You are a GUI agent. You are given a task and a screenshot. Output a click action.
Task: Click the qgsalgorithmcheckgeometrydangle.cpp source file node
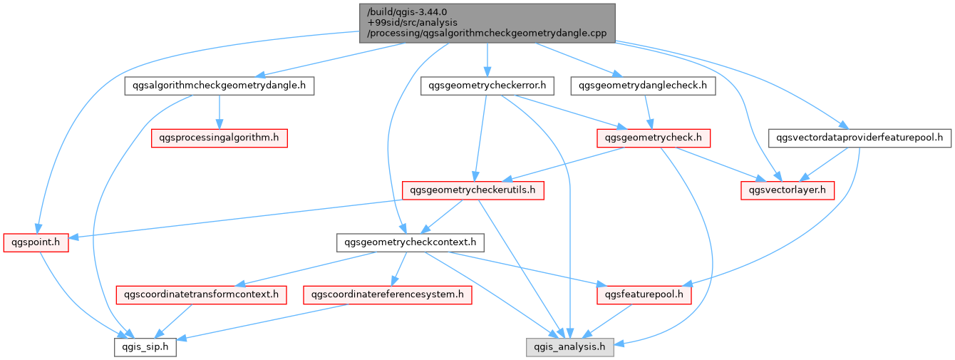click(487, 23)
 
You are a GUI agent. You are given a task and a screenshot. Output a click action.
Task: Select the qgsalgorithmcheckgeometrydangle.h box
click(219, 86)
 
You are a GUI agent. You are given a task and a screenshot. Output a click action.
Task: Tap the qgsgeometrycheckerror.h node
click(487, 86)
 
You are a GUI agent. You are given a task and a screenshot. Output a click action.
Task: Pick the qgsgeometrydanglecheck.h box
click(643, 86)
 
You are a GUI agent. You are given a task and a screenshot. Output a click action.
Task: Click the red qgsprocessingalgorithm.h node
click(219, 138)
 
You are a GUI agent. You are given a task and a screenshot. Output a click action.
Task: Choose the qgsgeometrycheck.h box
click(654, 138)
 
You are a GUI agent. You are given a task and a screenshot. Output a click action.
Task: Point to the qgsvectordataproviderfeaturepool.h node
click(859, 138)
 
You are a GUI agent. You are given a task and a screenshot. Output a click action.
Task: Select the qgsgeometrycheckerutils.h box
click(473, 190)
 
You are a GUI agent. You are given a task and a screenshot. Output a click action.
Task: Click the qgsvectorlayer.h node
click(788, 190)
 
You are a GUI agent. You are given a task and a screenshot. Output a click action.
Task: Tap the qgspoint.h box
click(36, 242)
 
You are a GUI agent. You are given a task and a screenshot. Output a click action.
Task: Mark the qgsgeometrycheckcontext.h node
click(410, 242)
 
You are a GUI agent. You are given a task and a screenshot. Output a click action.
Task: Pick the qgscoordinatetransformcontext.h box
click(201, 294)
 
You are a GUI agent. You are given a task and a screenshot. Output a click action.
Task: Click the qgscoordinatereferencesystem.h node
click(388, 294)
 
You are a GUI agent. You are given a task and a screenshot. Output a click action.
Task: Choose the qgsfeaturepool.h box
click(644, 294)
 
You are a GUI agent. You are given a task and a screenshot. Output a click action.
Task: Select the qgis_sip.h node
click(145, 347)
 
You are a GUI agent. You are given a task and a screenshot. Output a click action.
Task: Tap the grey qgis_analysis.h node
click(570, 347)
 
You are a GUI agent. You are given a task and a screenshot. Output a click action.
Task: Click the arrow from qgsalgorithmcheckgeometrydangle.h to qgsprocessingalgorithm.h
click(219, 112)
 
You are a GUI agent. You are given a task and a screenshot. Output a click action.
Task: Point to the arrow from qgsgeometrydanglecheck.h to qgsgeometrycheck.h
click(648, 112)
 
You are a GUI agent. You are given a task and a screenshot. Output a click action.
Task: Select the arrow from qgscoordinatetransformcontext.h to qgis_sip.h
click(173, 322)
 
